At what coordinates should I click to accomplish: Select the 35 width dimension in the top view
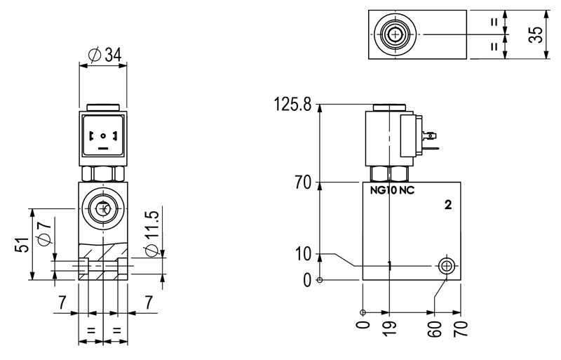tap(536, 35)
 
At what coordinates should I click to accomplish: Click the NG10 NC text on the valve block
tap(392, 190)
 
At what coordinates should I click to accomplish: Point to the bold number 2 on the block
tap(447, 205)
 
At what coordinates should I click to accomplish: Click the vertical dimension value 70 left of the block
tap(303, 184)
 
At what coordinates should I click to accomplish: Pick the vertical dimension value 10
tap(303, 255)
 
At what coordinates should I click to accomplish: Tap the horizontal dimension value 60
tap(435, 328)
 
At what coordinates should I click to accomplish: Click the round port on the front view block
tap(104, 208)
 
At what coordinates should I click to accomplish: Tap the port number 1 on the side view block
tap(390, 265)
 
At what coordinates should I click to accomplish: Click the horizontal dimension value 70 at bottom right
tap(460, 328)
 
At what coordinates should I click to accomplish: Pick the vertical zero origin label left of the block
tap(306, 281)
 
